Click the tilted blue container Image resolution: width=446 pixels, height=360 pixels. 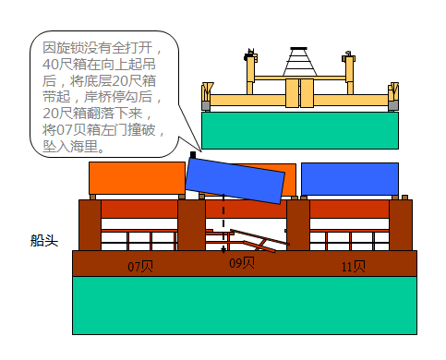(235, 179)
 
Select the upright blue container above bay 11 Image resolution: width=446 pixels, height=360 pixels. (349, 178)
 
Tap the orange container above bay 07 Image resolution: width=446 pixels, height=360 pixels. (137, 178)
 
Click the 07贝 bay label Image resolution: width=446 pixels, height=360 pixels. (140, 266)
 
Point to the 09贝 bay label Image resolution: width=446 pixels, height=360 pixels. (242, 263)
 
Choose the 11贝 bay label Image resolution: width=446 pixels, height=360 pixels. (353, 266)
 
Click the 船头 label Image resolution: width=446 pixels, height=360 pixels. (44, 241)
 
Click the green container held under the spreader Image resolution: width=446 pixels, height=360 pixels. (299, 129)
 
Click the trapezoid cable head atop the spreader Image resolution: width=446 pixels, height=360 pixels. (300, 62)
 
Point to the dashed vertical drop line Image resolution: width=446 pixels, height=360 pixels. (223, 222)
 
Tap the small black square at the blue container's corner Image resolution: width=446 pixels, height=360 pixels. (192, 154)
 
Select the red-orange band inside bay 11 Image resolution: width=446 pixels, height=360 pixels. (349, 209)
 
